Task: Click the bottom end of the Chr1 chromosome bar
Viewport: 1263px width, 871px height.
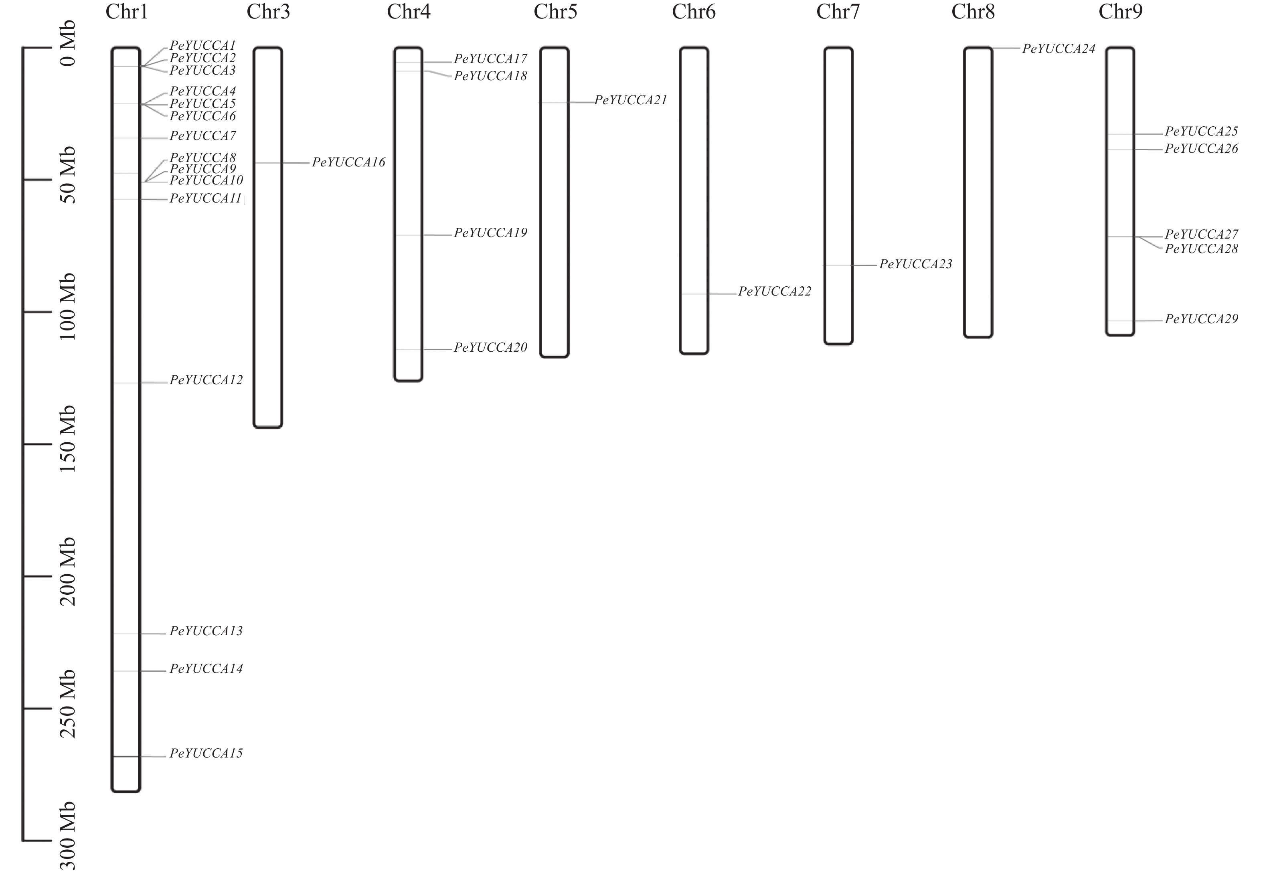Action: pos(126,791)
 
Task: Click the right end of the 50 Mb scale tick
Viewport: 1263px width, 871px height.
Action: pos(52,180)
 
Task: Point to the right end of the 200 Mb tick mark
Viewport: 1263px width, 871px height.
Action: pos(52,576)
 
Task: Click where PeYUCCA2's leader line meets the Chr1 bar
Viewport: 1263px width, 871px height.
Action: pos(141,66)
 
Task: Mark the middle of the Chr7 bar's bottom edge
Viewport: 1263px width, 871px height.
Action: pos(838,344)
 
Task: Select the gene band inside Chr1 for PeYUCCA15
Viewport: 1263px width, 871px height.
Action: pos(126,756)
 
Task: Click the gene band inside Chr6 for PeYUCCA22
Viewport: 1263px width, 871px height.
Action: pos(694,294)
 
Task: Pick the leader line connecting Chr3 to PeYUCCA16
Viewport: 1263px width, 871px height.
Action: pos(296,163)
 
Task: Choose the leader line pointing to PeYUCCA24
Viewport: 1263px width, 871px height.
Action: pos(1006,49)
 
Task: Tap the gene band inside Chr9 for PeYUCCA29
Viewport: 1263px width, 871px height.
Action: pos(1120,321)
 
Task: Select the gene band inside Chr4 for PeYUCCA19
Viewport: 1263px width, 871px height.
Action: pos(408,235)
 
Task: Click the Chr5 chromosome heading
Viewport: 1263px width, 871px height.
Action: pos(555,12)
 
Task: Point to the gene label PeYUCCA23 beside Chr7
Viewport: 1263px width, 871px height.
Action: pos(915,264)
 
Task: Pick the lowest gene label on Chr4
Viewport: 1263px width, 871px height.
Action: pos(490,348)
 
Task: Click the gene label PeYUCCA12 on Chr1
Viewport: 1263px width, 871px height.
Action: pos(206,380)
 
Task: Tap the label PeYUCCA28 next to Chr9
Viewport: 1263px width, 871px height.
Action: pos(1201,249)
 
